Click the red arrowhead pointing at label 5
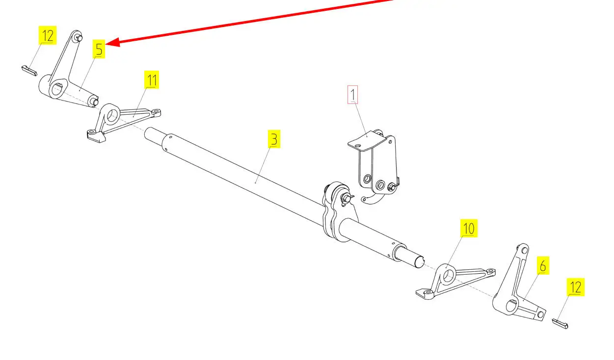click(x=112, y=43)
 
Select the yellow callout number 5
click(x=99, y=49)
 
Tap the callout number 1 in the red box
click(x=352, y=95)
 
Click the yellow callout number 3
click(x=274, y=139)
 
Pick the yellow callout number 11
click(x=152, y=80)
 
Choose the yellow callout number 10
click(x=469, y=228)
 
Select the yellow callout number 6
click(x=543, y=265)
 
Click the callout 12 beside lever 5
click(x=48, y=35)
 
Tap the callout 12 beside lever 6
click(x=576, y=287)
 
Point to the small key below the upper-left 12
click(x=29, y=71)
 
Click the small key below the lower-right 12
click(x=560, y=323)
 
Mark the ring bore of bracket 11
click(x=111, y=115)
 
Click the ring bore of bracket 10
click(x=448, y=275)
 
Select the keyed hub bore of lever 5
click(x=57, y=90)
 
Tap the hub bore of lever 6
click(x=510, y=306)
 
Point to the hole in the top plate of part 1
click(x=358, y=146)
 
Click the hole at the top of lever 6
click(x=524, y=250)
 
